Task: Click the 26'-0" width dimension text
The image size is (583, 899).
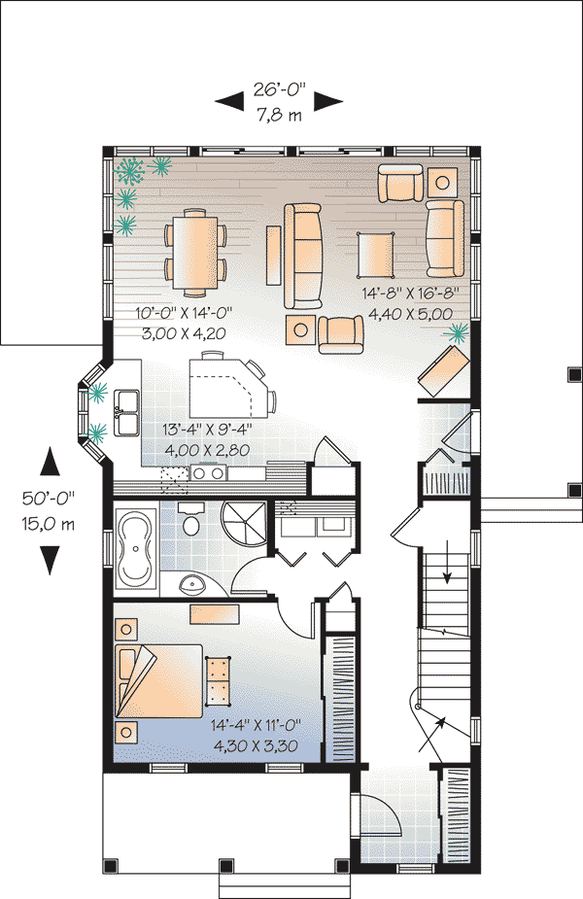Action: coord(280,90)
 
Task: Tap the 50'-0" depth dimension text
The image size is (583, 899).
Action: coord(50,498)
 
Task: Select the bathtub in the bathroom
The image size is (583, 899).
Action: coord(135,549)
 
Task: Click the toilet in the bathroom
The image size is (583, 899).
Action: coord(191,522)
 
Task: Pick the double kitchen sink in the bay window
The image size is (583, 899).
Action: coord(127,413)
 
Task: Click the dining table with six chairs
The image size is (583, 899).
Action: coord(195,251)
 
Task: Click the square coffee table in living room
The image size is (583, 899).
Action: coord(375,254)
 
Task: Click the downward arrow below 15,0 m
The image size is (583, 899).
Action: coord(50,561)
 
